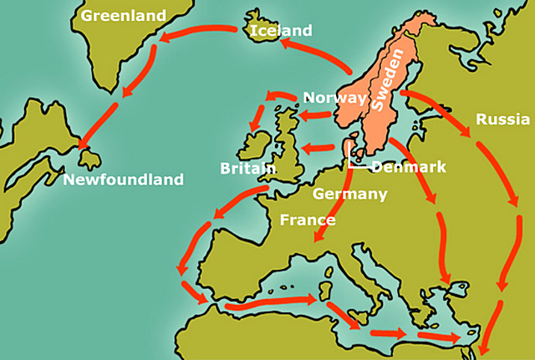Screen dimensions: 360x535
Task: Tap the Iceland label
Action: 281,31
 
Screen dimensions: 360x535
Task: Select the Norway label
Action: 334,98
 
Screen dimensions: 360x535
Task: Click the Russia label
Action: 502,119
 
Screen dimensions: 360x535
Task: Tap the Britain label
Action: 248,168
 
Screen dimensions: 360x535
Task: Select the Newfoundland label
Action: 123,179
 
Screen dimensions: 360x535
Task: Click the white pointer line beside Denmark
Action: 349,159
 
